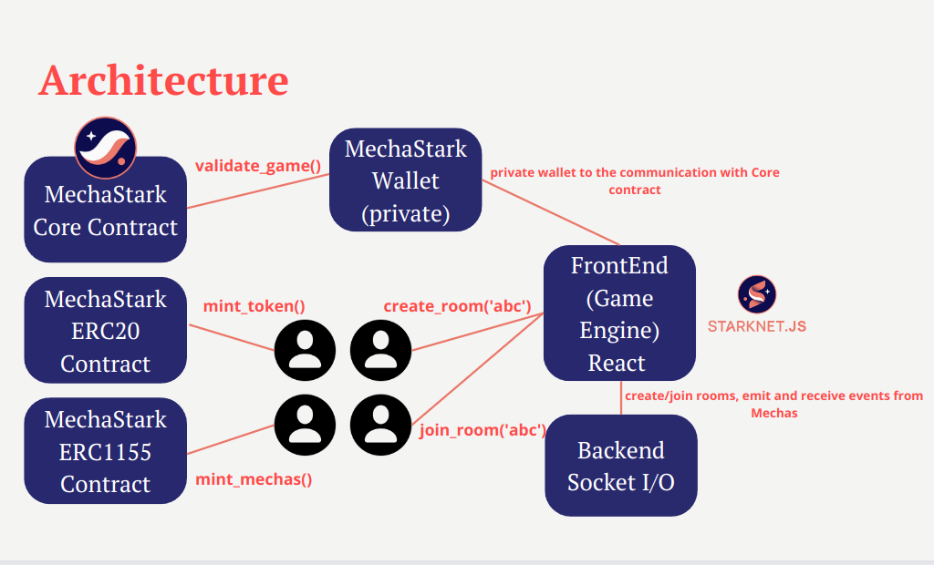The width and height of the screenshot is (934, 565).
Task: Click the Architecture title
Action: [x=163, y=80]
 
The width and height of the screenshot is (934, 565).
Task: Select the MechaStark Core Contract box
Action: [x=106, y=211]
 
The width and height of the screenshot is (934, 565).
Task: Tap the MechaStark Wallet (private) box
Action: [x=406, y=181]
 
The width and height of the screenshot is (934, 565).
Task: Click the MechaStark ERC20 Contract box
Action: [x=106, y=331]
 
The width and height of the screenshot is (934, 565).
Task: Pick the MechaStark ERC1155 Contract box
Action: [x=106, y=451]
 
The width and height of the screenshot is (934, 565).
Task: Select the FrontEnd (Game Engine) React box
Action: [x=619, y=313]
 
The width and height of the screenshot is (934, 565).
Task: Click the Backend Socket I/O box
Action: [x=620, y=466]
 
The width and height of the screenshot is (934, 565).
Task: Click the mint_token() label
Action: [x=254, y=306]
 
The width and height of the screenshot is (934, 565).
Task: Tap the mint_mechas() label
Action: [x=254, y=478]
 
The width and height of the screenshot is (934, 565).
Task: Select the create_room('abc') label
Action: [x=457, y=306]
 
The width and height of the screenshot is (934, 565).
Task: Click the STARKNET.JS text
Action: [x=757, y=325]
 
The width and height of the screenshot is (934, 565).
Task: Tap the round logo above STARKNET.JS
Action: [x=757, y=295]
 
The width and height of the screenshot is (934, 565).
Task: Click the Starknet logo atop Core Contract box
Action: [x=105, y=147]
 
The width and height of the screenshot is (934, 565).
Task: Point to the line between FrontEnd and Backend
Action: [x=621, y=398]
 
